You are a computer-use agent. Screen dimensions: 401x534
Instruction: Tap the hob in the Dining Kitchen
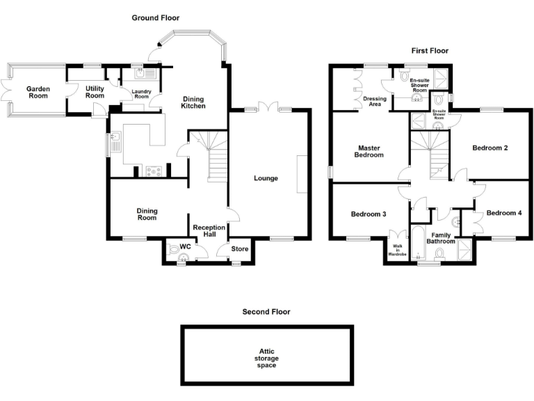point(154,169)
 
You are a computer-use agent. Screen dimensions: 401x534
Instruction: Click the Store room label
point(240,249)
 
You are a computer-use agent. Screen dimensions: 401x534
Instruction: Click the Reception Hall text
point(209,231)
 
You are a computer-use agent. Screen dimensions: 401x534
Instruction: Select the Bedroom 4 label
point(503,213)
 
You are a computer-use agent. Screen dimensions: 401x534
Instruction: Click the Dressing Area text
point(374,102)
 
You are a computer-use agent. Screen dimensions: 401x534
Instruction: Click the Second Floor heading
point(266,312)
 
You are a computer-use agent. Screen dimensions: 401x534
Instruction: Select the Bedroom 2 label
point(490,148)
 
